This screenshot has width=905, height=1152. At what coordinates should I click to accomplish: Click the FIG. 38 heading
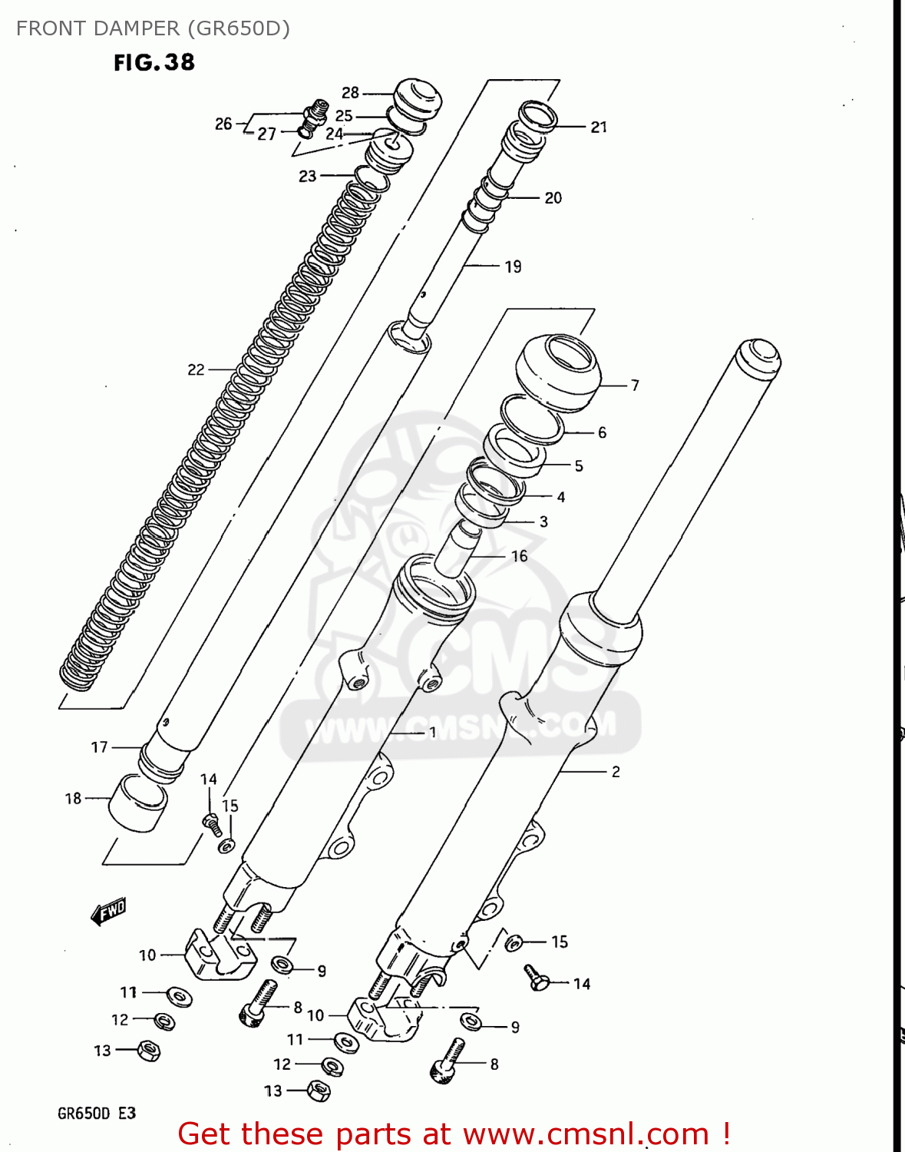[x=154, y=62]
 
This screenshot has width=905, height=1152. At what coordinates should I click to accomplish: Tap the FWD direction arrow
[x=108, y=912]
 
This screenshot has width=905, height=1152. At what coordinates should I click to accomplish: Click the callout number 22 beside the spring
[x=196, y=369]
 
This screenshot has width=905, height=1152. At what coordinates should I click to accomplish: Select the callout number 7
[x=635, y=385]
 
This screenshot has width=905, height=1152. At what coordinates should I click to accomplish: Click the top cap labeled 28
[x=418, y=98]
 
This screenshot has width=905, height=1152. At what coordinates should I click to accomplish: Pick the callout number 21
[x=599, y=127]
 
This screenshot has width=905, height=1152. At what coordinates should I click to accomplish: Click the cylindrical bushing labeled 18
[x=138, y=803]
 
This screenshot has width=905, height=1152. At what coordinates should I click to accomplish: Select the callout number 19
[x=513, y=266]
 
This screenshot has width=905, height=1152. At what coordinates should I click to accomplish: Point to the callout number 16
[x=520, y=555]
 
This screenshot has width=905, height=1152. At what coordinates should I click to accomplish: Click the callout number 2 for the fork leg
[x=616, y=771]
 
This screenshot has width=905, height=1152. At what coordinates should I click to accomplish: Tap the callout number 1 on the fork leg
[x=432, y=732]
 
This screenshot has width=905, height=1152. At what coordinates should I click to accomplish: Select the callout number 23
[x=307, y=176]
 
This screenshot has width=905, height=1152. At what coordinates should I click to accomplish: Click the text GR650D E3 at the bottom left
[x=97, y=1113]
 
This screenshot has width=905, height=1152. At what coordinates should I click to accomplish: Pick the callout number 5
[x=579, y=465]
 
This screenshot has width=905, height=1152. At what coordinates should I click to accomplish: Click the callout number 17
[x=99, y=746]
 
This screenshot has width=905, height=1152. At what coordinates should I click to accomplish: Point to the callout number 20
[x=553, y=197]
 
